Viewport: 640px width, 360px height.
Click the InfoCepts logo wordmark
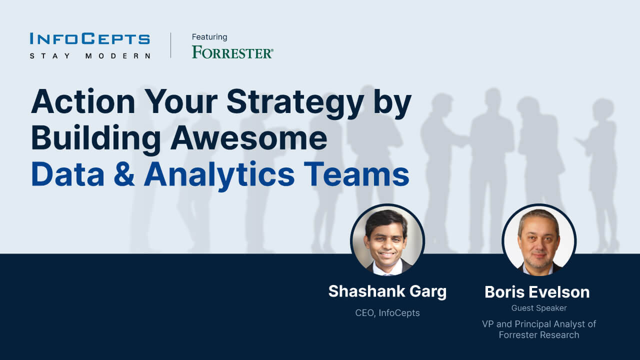(x=89, y=38)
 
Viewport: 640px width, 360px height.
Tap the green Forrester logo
(x=232, y=52)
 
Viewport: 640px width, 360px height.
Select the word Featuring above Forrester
(x=209, y=37)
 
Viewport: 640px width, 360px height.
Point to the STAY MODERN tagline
(x=90, y=55)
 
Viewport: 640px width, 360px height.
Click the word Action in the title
(x=83, y=102)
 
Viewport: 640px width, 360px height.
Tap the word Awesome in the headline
(x=249, y=138)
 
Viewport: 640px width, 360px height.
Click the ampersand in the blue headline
(x=124, y=174)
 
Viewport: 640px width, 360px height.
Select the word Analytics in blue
(x=219, y=175)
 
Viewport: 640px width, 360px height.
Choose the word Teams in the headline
(x=356, y=174)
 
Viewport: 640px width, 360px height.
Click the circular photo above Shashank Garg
(x=387, y=240)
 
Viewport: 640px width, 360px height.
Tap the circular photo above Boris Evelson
(x=539, y=240)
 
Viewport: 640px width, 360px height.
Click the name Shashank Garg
(x=387, y=291)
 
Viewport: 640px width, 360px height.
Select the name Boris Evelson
(x=537, y=292)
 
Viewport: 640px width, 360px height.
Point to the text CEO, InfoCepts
(x=387, y=313)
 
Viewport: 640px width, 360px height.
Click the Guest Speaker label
(x=539, y=308)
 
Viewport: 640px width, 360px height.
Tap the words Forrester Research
(x=539, y=335)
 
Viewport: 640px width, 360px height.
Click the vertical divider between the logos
(x=171, y=45)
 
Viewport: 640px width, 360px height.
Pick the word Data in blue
(x=67, y=174)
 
